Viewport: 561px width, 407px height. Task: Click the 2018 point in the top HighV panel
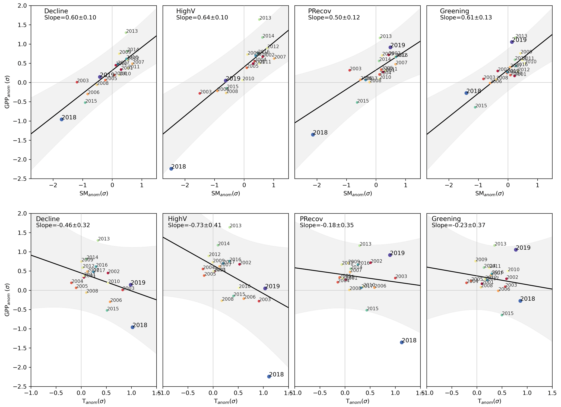pos(171,168)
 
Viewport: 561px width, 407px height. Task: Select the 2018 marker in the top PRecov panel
pos(313,135)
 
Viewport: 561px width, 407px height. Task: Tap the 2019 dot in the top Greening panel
pos(512,42)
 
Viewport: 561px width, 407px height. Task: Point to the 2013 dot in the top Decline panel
pos(126,33)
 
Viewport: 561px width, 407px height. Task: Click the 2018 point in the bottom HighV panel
pos(269,376)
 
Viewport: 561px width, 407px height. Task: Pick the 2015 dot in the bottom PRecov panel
pos(367,310)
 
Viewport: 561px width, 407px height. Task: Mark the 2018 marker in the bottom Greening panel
pos(520,301)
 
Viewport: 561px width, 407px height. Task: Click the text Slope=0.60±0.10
pos(70,18)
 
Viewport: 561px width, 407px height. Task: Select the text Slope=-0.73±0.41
pos(195,225)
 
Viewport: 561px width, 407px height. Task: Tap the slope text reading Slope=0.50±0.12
pos(334,18)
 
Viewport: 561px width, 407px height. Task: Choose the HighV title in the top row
pos(186,11)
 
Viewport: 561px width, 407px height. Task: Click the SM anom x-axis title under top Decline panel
pos(94,193)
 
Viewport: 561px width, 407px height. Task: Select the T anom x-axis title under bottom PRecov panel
pos(357,401)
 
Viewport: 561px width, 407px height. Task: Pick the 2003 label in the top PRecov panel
pos(356,69)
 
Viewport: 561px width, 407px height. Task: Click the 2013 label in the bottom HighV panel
pos(236,226)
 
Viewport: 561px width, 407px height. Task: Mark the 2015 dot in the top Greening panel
pos(475,107)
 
